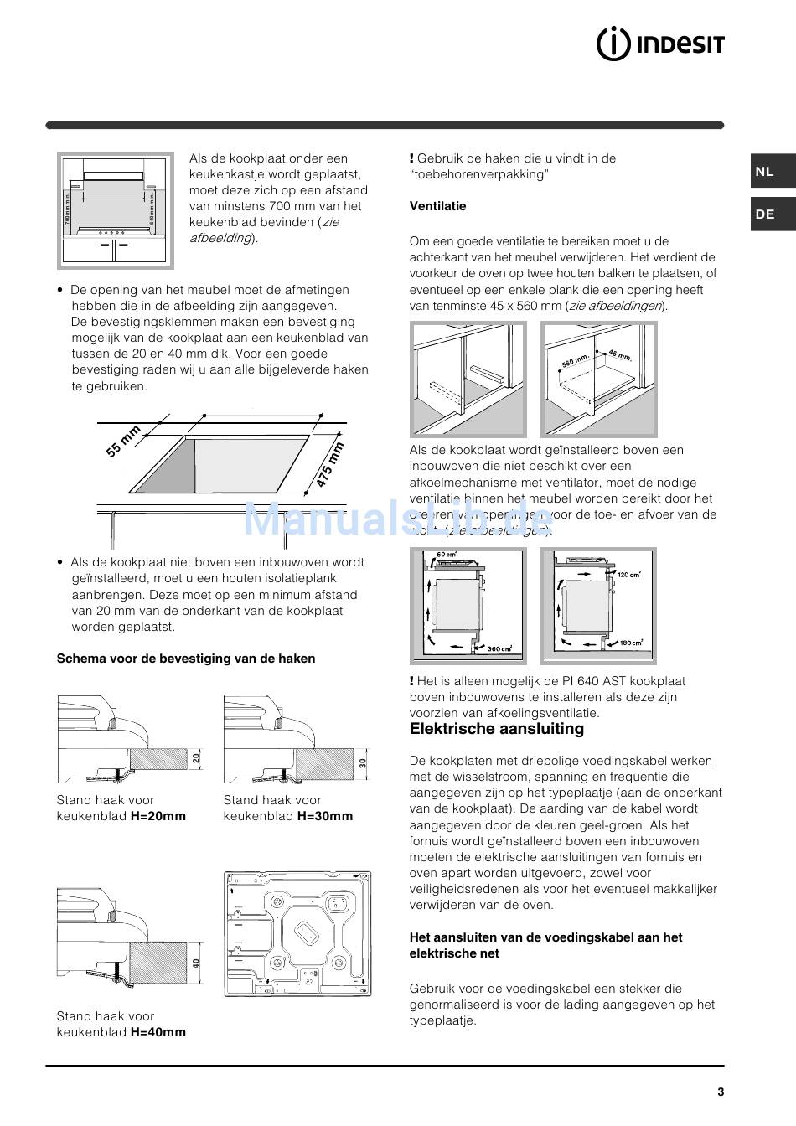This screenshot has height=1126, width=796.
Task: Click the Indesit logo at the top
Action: point(659,44)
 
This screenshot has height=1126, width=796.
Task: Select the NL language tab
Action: point(764,172)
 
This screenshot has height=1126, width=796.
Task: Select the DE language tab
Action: point(764,214)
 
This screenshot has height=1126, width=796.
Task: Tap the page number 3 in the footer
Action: point(720,1092)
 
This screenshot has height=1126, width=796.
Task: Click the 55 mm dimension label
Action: point(123,442)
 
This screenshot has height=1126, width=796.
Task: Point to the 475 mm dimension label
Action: point(330,466)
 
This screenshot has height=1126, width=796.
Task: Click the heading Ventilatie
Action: point(437,206)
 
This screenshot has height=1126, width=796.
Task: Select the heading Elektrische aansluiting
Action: point(496,729)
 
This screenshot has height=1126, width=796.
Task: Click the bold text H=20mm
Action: point(158,816)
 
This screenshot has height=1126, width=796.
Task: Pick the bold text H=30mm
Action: point(325,816)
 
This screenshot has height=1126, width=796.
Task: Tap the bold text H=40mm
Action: point(158,1032)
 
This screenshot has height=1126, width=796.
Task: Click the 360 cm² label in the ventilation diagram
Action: point(500,648)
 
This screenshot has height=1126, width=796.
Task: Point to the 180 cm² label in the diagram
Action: point(630,643)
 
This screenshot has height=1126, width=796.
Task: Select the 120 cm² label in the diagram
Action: point(628,575)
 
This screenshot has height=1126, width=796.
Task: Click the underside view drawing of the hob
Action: point(297,933)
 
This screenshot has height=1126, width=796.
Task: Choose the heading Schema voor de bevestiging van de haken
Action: point(186,659)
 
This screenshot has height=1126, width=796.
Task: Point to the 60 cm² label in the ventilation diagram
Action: point(446,555)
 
